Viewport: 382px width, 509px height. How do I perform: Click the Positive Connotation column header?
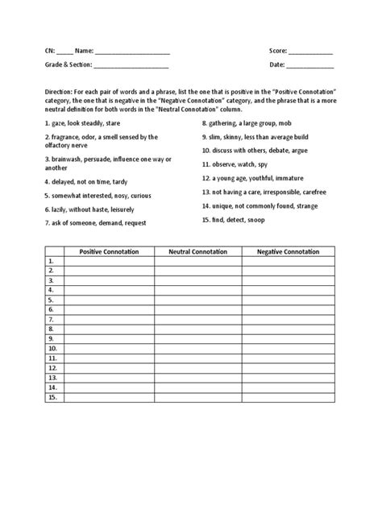pos(109,252)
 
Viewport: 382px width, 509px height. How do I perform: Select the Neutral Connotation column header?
pos(197,252)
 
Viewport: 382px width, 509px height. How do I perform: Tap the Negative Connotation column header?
pos(289,252)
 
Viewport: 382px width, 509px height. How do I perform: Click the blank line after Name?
pos(132,52)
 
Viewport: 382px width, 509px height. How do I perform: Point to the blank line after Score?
pos(310,52)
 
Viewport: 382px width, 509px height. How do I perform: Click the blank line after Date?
pos(309,65)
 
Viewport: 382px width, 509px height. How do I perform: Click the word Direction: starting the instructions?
pos(63,93)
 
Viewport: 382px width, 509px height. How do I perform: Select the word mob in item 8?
pos(280,125)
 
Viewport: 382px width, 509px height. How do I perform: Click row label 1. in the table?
pos(51,262)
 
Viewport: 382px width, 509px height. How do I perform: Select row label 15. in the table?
pos(52,397)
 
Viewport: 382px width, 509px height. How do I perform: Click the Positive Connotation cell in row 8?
pos(109,329)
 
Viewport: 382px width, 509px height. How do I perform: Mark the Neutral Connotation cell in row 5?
pos(197,300)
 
